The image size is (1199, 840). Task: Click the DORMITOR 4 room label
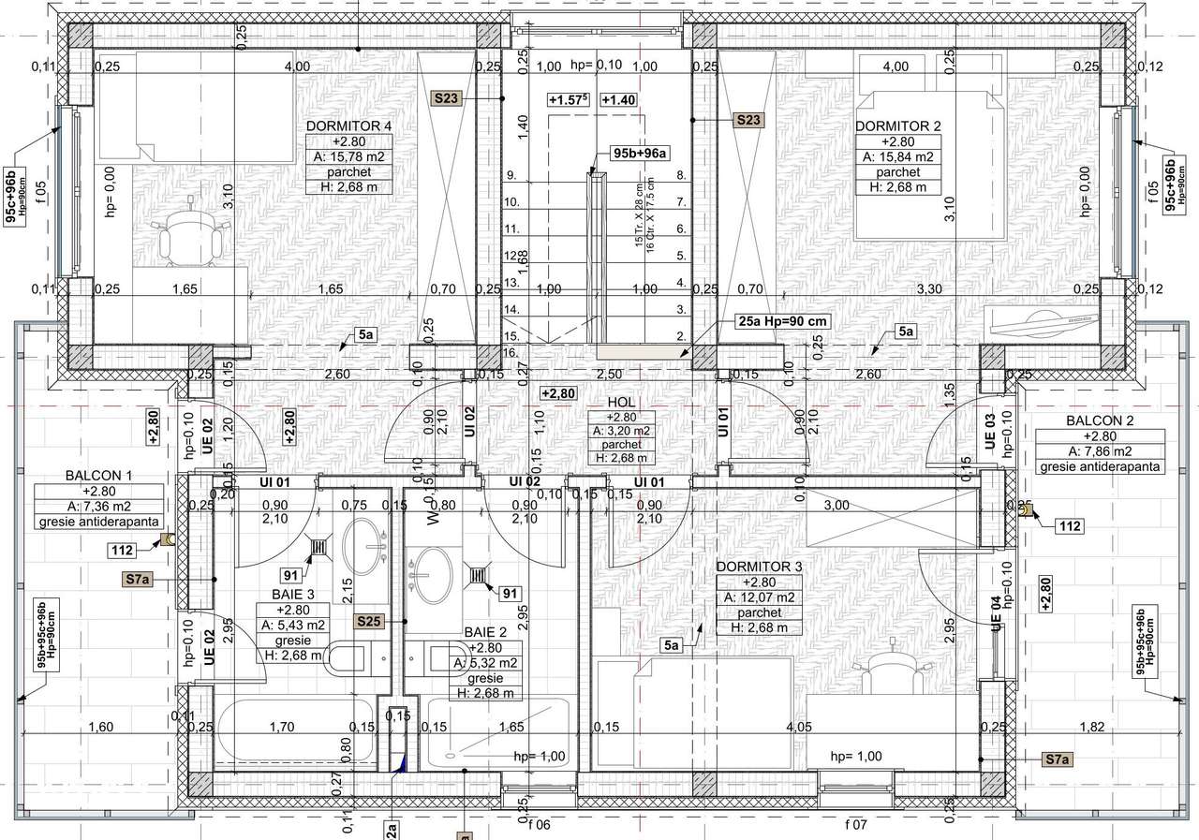348,125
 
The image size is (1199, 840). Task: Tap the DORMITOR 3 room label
759,567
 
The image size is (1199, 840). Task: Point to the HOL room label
622,402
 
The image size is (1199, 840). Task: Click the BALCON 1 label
99,475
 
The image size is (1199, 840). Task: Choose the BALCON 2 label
1100,420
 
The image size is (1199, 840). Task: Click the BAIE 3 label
291,593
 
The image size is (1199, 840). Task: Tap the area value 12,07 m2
759,597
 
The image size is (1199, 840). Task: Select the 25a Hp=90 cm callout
783,321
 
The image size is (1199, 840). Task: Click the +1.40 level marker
618,100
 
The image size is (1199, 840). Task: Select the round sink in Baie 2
433,574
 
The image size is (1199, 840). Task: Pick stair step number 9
511,175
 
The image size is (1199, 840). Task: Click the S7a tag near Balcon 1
137,580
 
